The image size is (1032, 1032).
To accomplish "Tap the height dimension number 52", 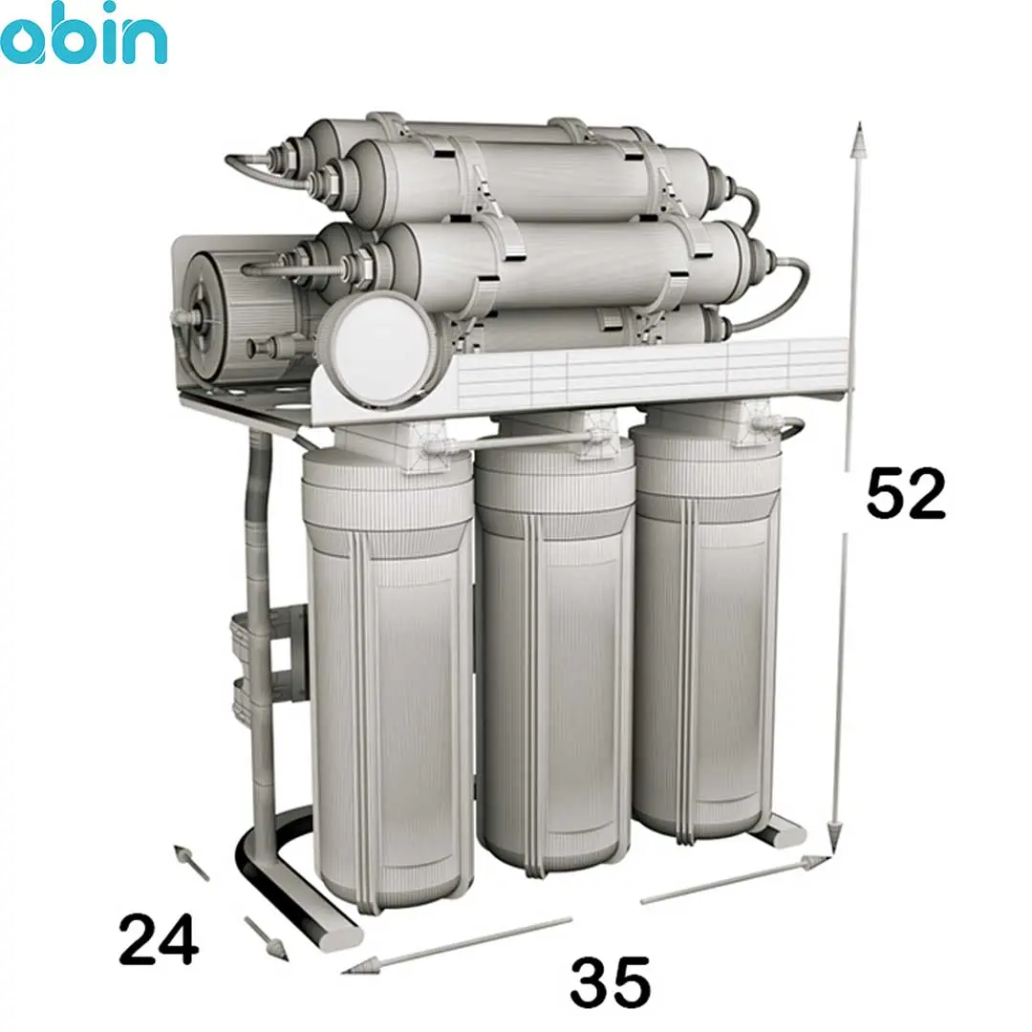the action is pos(906,493).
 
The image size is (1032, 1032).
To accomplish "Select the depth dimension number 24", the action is pos(159,938).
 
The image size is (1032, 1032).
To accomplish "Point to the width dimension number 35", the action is pos(610,982).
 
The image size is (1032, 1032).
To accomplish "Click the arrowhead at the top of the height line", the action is pos(857,140).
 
